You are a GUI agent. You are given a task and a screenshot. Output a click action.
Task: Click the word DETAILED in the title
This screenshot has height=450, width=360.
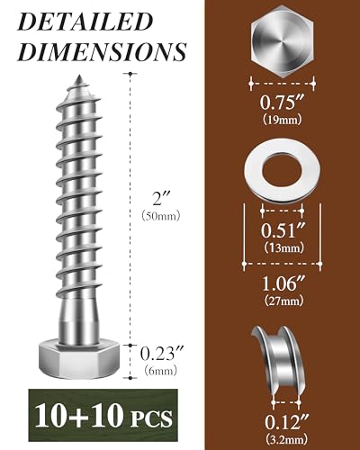(x=85, y=22)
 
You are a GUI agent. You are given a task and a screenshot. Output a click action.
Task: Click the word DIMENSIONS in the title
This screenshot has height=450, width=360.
(x=102, y=51)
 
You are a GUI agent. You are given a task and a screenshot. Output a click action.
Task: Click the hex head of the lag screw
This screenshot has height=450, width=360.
(x=79, y=361)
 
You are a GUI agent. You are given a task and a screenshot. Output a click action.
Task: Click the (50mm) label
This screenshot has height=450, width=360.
(x=161, y=216)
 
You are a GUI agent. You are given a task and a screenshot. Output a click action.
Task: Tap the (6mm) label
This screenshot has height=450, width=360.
(x=160, y=371)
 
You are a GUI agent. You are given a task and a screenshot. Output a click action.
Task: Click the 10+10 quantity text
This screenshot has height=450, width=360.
(x=79, y=416)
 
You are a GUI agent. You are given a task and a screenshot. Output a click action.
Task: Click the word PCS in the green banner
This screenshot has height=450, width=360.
(x=152, y=418)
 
